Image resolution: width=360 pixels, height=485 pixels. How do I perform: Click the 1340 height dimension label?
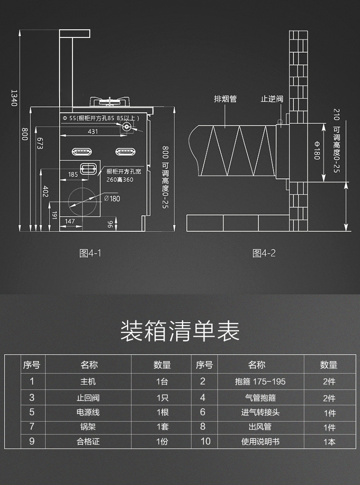tap(14, 97)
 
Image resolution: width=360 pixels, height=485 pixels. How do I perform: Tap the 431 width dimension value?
tap(93, 132)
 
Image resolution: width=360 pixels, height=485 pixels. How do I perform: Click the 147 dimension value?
tap(70, 221)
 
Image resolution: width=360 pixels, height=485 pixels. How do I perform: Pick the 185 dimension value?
tap(73, 175)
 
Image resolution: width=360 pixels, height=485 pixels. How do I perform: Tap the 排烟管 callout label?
tap(225, 99)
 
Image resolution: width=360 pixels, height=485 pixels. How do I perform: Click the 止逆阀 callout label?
tap(272, 99)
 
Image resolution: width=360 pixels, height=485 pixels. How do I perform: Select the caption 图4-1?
tap(90, 254)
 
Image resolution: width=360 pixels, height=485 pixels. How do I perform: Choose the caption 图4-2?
tap(264, 254)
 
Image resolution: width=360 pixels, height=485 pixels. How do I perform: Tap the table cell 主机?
tap(88, 382)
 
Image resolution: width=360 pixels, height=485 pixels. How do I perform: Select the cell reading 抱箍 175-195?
tap(260, 382)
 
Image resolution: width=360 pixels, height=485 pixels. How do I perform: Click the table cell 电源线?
tap(88, 412)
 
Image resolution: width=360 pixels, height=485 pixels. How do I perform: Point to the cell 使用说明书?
tap(260, 442)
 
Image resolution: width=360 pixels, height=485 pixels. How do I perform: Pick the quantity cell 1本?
tap(329, 442)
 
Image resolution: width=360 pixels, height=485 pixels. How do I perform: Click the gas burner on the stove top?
tap(111, 101)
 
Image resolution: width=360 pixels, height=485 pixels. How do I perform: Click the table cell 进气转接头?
tap(260, 412)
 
